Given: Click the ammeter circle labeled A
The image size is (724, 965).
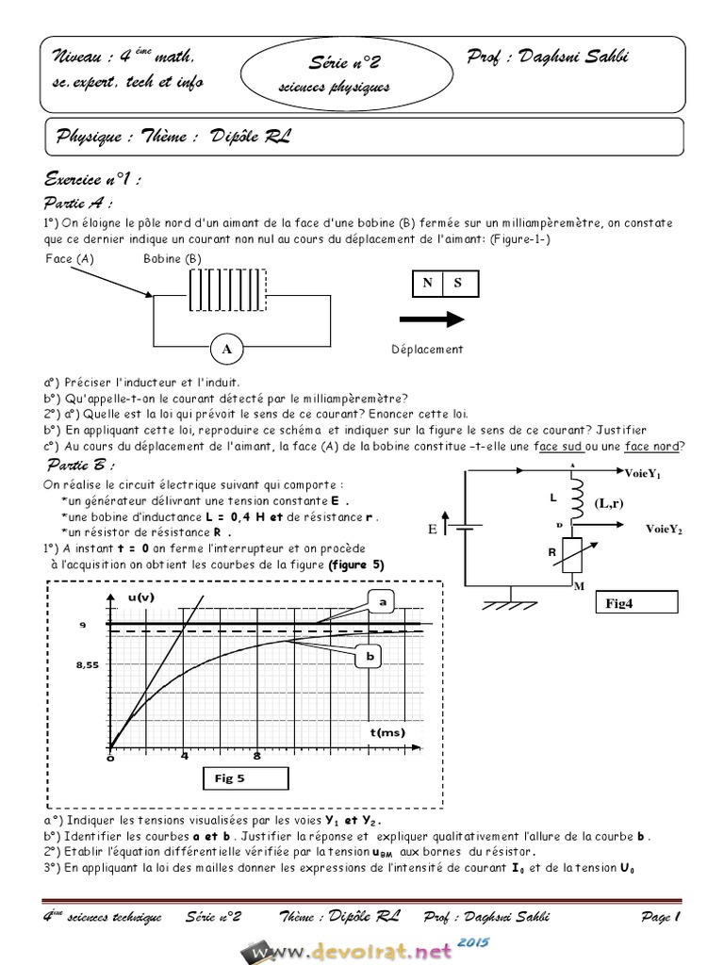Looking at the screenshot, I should point(226,348).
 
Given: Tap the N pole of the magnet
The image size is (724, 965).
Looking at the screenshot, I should point(427,282).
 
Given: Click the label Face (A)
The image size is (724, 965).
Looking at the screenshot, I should point(69,258).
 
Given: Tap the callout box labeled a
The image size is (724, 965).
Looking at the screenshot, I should point(382,600).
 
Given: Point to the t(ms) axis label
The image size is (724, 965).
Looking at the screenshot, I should point(387,731).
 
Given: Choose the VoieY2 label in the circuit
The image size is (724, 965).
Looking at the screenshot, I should point(664,530).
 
